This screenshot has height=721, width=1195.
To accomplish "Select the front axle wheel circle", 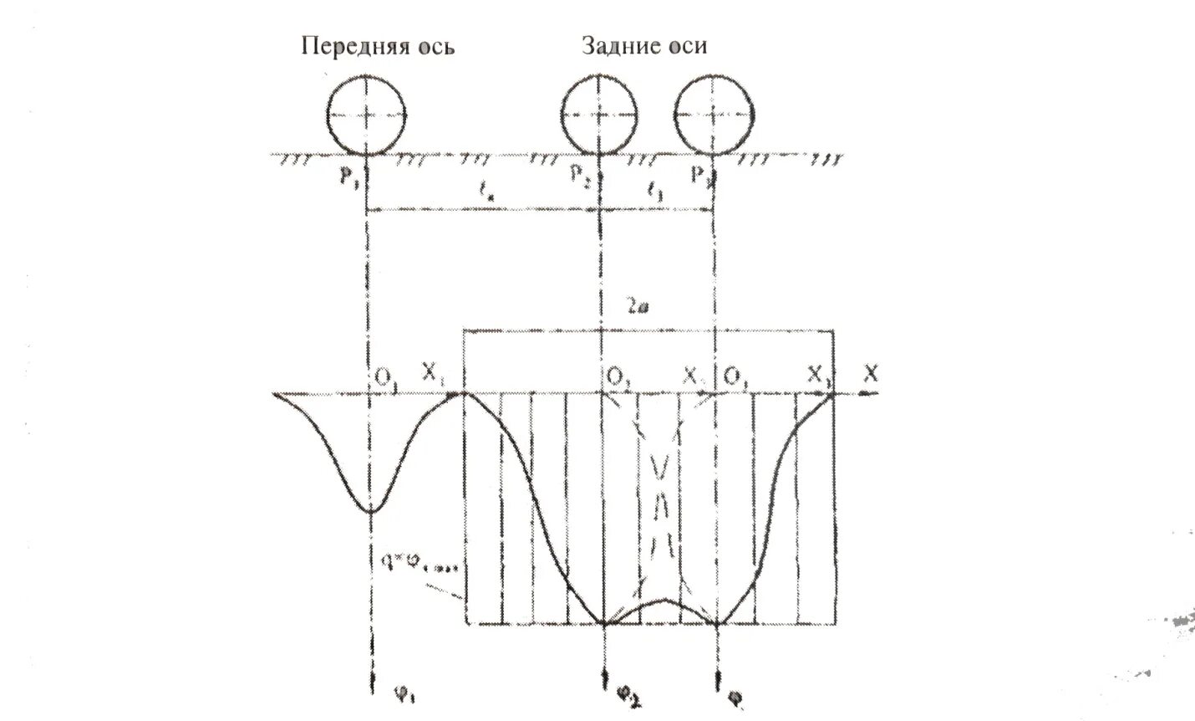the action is (x=367, y=115).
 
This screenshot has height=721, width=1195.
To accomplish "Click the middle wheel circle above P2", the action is (x=601, y=115).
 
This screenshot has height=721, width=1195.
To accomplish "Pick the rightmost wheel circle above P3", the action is (x=713, y=115).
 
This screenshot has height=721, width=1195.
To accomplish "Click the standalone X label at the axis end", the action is (x=872, y=376).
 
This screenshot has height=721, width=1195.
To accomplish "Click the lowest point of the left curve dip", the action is (x=370, y=511).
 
